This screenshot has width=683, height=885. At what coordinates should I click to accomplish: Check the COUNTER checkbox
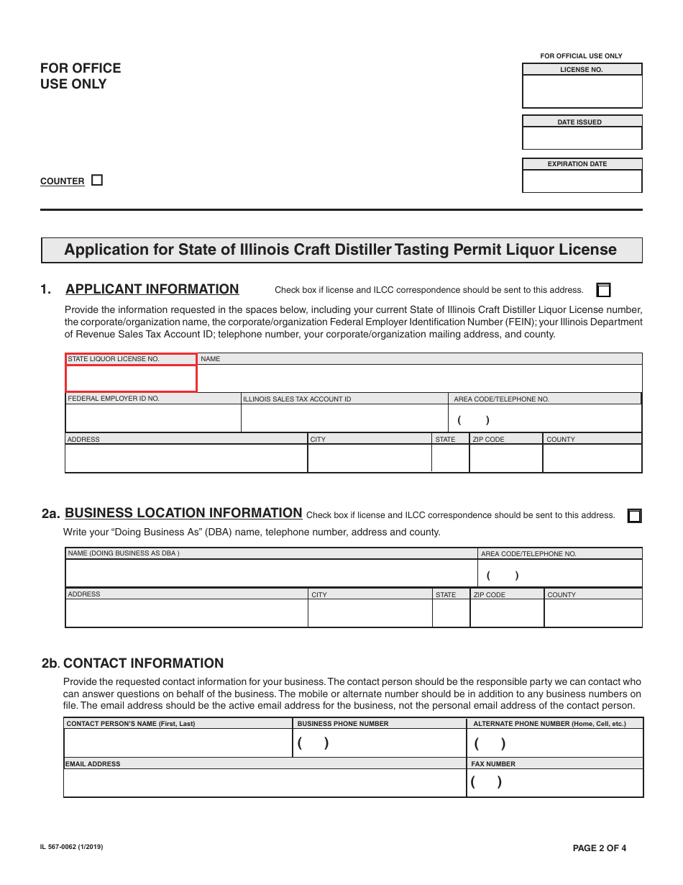point(97,181)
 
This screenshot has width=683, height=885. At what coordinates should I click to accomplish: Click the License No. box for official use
point(582,91)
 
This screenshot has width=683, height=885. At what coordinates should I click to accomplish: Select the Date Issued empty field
point(582,138)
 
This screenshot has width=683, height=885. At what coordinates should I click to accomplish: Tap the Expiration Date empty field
point(582,181)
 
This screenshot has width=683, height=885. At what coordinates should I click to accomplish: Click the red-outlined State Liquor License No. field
point(131,378)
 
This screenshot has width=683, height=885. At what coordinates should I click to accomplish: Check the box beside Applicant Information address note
point(603,290)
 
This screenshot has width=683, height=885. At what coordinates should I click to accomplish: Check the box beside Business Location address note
point(634,516)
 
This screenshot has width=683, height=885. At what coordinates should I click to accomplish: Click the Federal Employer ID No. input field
point(152,418)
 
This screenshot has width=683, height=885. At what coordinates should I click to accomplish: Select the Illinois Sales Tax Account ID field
point(344,418)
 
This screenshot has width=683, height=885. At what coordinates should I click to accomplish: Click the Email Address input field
point(265,783)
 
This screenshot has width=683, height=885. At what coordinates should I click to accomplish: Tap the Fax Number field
point(555,783)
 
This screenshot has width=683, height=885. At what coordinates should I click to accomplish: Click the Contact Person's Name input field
point(178,743)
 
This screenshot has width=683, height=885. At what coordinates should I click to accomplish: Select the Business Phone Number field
point(380,743)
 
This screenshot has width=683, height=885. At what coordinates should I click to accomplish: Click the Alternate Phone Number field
point(555,743)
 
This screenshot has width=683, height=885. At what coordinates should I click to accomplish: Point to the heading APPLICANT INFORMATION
point(152,289)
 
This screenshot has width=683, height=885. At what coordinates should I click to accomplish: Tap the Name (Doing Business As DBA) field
point(271,573)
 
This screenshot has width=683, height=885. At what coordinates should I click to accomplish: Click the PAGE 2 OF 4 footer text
point(599,848)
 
